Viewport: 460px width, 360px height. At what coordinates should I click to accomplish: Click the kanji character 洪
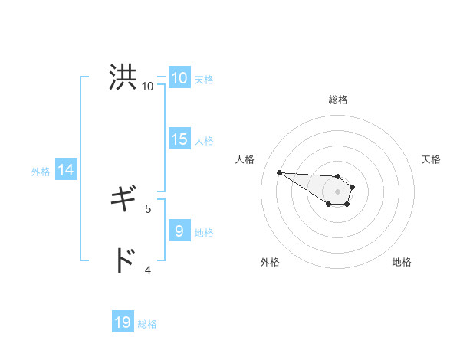click(x=123, y=78)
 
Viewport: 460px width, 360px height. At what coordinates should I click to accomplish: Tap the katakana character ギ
click(x=123, y=200)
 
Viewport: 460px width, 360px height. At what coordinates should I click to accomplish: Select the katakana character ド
click(x=123, y=261)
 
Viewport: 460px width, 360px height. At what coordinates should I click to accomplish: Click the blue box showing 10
click(x=179, y=78)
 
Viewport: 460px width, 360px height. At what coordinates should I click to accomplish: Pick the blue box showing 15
click(x=179, y=139)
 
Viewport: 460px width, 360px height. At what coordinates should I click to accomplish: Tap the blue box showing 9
click(x=179, y=231)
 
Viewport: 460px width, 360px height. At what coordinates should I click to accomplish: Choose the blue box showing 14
click(x=66, y=170)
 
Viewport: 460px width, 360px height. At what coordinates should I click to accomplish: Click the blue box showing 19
click(x=123, y=322)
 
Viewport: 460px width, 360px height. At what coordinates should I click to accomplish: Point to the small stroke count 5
click(x=148, y=208)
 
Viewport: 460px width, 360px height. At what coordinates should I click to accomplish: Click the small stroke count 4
click(x=148, y=270)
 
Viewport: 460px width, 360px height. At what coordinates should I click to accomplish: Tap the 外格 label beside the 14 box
click(x=41, y=172)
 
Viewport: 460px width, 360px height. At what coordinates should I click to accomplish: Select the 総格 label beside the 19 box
click(x=147, y=324)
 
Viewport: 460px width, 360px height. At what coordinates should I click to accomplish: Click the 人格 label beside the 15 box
click(x=204, y=141)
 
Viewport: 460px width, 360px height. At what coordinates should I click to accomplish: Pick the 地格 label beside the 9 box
click(x=204, y=232)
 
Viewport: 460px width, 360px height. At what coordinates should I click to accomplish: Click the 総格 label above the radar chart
click(x=338, y=100)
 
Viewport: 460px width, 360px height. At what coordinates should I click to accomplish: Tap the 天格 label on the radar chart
click(x=431, y=159)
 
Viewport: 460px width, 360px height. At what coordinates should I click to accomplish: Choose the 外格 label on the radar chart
click(x=270, y=262)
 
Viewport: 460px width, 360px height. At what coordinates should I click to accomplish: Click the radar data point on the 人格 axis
click(x=279, y=172)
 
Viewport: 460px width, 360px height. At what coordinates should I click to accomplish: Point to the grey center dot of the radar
click(x=338, y=191)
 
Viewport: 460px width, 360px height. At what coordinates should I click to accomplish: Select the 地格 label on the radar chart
click(x=402, y=262)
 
